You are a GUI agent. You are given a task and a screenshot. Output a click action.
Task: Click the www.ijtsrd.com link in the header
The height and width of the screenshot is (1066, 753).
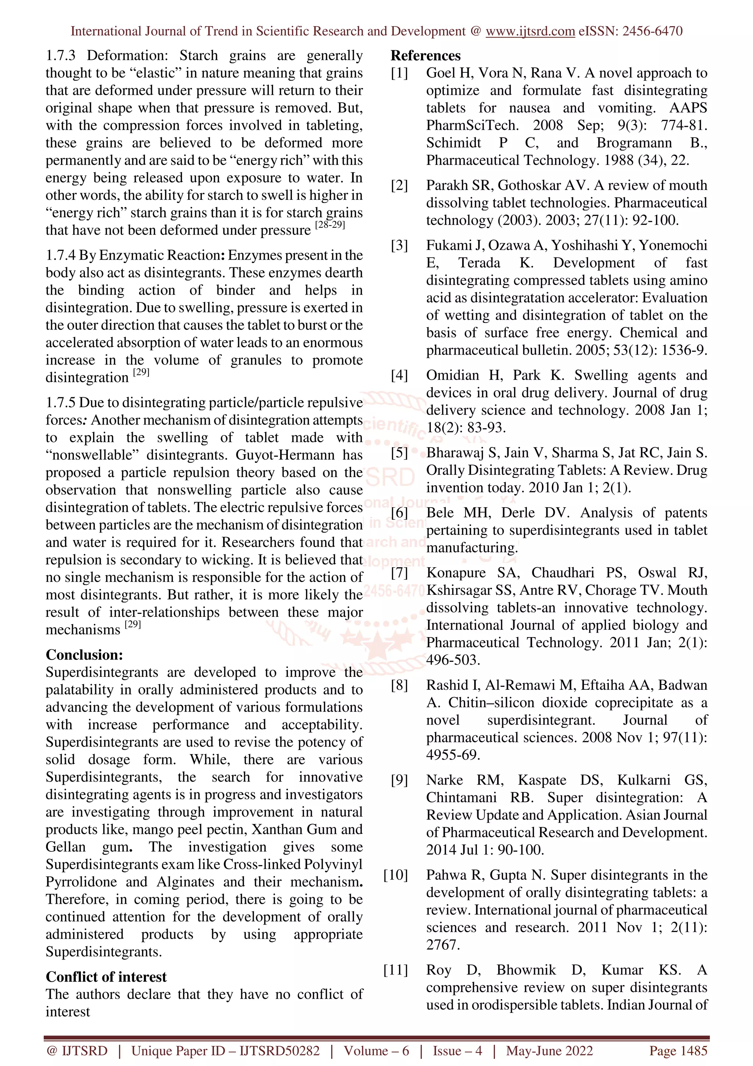[530, 31]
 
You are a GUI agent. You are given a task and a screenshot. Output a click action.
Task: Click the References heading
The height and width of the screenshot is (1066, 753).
[425, 56]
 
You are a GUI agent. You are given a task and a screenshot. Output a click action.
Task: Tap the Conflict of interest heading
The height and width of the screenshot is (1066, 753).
[106, 977]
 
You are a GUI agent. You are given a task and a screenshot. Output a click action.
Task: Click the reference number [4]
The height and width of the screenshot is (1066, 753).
[399, 375]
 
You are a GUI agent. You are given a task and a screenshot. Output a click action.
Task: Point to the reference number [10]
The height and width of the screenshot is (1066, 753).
[396, 875]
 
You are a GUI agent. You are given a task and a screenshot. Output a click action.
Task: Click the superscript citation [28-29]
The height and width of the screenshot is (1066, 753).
[330, 225]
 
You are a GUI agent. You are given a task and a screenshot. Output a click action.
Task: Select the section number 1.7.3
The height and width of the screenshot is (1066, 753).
[60, 56]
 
